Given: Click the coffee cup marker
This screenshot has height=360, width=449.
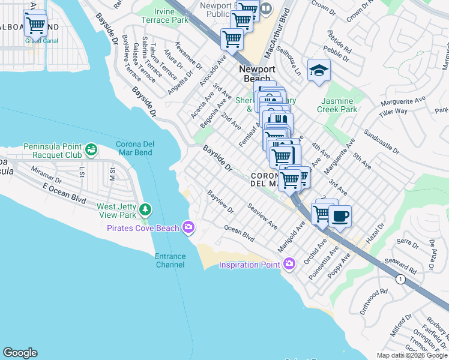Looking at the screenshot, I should (340, 217).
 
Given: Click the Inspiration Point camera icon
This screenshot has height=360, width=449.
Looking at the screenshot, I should (290, 264).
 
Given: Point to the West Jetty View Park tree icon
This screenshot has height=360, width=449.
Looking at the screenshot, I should (145, 209).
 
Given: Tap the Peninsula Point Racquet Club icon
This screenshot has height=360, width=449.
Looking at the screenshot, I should (91, 148).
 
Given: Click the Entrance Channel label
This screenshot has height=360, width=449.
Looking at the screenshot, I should (170, 260).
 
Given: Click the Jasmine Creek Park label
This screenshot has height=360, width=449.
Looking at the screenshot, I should (339, 105).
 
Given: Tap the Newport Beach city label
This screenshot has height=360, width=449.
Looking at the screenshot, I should (258, 74).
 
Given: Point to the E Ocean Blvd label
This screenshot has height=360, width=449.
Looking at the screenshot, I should (61, 190).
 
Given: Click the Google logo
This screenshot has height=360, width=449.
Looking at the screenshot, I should (20, 352).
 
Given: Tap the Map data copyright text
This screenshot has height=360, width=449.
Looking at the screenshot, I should (412, 355).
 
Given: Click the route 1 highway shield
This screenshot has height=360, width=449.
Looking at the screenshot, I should (399, 279).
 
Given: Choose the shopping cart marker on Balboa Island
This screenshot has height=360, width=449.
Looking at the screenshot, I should (35, 25).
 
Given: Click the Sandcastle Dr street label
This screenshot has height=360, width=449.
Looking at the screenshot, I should (381, 141).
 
